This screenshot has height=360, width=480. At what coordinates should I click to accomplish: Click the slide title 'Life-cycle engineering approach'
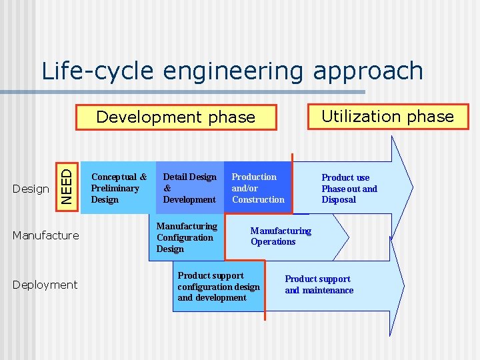click(x=232, y=71)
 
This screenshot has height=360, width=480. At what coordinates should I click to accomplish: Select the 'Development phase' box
click(x=176, y=117)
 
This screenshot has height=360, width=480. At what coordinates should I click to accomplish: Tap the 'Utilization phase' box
click(x=387, y=117)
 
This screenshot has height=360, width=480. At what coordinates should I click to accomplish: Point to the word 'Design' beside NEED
click(x=31, y=189)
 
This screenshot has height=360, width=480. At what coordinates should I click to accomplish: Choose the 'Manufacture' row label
click(x=46, y=235)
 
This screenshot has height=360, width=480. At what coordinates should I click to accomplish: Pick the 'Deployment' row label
click(x=45, y=285)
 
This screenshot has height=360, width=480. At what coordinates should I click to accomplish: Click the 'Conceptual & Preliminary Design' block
click(x=118, y=188)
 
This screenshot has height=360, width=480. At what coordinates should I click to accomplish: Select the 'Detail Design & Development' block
click(x=190, y=188)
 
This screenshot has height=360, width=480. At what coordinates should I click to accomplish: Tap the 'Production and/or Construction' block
click(x=258, y=188)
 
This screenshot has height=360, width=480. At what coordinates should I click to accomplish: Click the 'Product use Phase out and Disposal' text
click(x=349, y=189)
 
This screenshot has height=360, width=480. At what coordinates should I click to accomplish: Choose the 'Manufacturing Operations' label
click(x=281, y=236)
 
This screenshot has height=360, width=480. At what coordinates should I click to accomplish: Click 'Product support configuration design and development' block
click(x=219, y=287)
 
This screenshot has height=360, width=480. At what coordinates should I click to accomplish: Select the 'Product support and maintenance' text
click(x=319, y=285)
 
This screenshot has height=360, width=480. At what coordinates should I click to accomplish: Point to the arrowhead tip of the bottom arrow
click(x=403, y=285)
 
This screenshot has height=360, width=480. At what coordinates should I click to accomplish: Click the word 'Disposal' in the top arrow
click(x=339, y=200)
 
